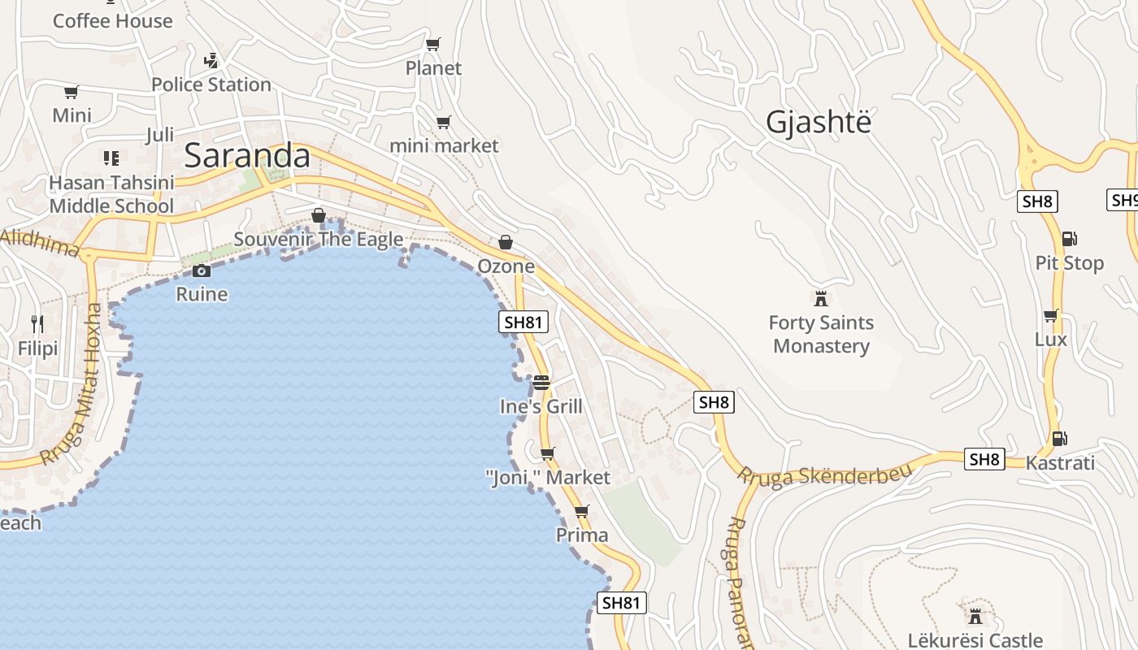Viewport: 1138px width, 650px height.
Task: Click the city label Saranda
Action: [247, 156]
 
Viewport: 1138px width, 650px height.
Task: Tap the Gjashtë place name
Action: [818, 122]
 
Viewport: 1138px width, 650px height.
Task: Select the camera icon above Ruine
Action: [202, 271]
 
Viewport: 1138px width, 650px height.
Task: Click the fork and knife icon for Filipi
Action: [37, 324]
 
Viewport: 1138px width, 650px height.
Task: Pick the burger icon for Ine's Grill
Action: [541, 382]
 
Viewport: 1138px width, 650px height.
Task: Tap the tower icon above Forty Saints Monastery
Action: [821, 298]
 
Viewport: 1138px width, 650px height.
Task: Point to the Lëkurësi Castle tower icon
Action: [975, 615]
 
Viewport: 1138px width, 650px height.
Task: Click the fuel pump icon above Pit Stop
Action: [1069, 239]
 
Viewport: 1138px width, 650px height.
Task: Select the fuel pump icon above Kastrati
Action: [1059, 439]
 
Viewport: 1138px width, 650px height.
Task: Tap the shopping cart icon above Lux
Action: [1050, 315]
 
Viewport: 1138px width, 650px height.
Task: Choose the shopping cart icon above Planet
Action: [433, 44]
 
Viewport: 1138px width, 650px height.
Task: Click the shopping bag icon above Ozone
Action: [506, 242]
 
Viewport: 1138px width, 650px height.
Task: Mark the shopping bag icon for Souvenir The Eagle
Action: [319, 215]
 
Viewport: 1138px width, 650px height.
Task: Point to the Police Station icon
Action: [211, 60]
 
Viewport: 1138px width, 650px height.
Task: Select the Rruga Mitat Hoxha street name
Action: [73, 383]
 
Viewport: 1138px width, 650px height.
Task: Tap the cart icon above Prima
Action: [581, 512]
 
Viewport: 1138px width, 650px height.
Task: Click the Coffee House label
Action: [112, 21]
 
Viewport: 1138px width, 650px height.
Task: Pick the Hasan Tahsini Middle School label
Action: [111, 194]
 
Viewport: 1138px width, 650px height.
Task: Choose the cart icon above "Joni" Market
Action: [548, 453]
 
